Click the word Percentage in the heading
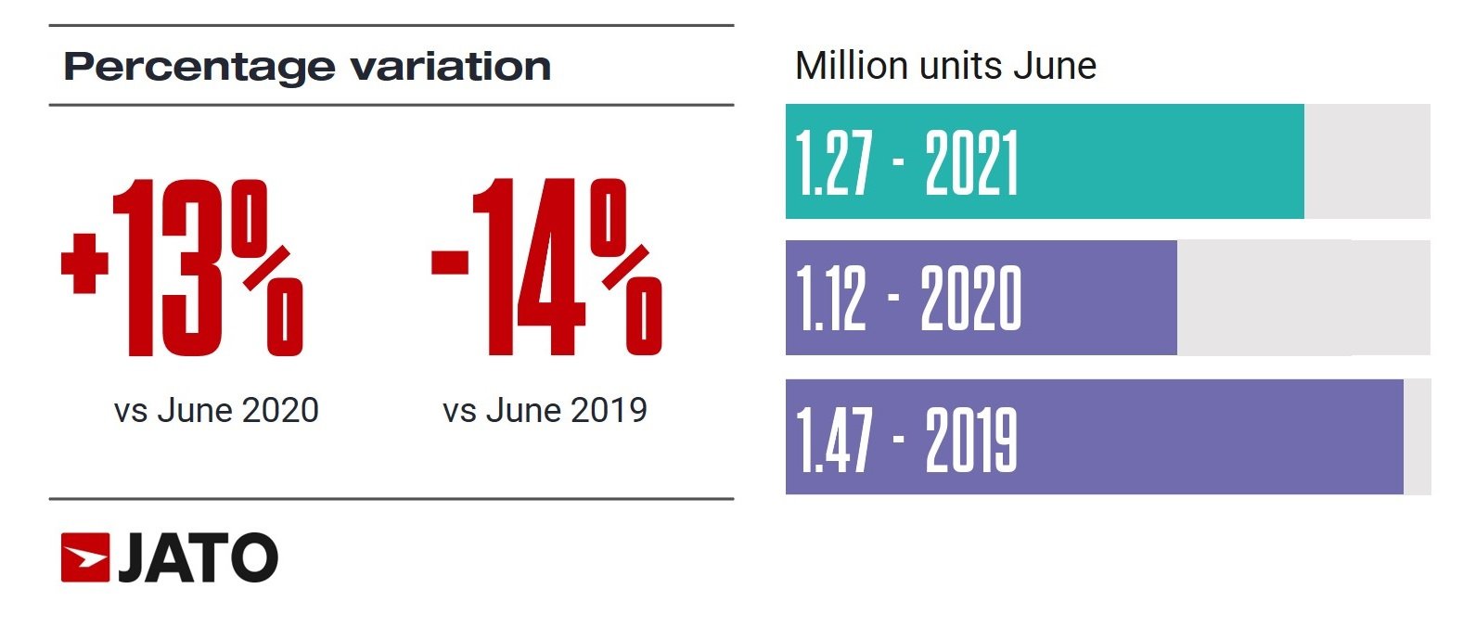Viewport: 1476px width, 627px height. point(199,67)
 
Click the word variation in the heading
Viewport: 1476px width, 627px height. point(451,67)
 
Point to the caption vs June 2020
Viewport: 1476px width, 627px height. point(216,410)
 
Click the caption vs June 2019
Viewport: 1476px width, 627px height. point(545,410)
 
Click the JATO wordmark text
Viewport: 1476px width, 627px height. point(198,558)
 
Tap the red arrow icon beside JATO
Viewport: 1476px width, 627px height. point(85,558)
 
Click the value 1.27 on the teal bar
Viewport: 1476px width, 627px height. point(834,163)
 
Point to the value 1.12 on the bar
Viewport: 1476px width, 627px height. point(831,299)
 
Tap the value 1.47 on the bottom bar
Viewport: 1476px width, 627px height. point(834,440)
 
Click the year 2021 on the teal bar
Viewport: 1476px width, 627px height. point(971,163)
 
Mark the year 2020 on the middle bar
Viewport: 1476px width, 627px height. point(970,299)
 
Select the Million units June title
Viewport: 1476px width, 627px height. point(945,66)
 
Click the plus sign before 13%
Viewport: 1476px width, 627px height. point(84,262)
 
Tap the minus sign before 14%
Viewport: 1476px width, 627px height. point(450,261)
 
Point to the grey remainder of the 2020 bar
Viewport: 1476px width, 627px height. point(1303,298)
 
